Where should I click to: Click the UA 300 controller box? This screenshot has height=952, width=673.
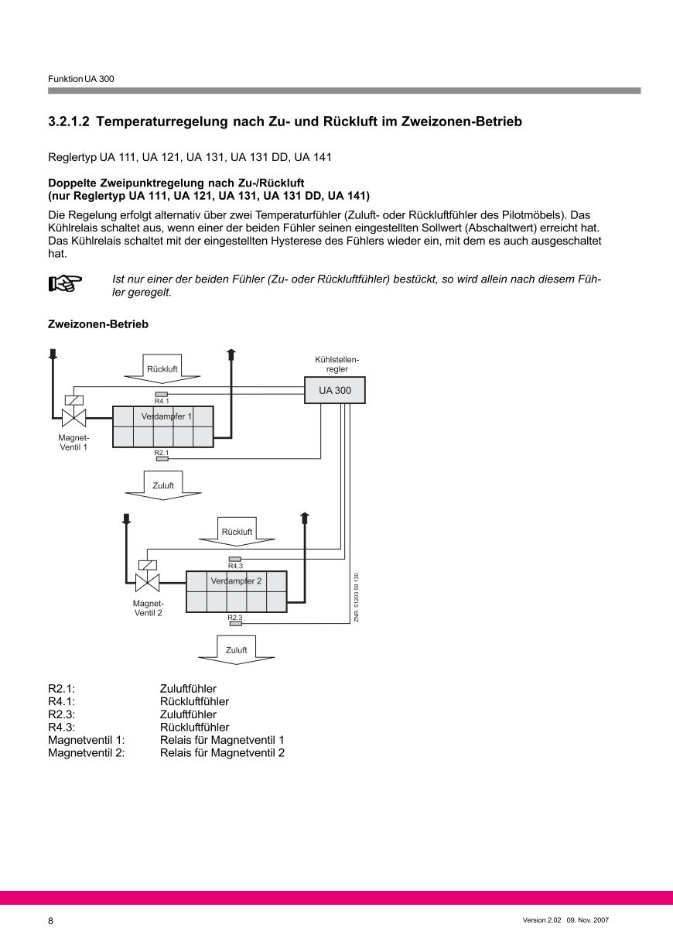tap(335, 391)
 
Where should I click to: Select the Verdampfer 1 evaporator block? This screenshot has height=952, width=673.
tap(162, 426)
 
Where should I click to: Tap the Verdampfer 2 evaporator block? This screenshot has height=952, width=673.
tap(236, 592)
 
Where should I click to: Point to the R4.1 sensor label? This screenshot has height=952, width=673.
tap(162, 401)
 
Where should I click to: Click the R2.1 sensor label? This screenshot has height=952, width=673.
tap(162, 452)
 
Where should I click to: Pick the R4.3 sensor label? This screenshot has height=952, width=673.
tap(235, 566)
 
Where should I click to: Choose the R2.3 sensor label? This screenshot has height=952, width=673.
tap(235, 617)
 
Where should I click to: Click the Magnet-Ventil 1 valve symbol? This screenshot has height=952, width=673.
tap(73, 419)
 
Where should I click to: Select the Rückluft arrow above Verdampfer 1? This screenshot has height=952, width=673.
tap(162, 368)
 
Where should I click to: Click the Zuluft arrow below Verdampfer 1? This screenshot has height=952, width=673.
tap(163, 485)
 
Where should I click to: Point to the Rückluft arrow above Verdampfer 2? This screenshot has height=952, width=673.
tap(237, 531)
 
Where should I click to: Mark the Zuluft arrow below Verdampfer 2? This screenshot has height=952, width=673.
tap(237, 649)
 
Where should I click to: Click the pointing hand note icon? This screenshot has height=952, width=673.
tap(65, 284)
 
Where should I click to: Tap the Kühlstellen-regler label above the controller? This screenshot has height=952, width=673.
tap(336, 364)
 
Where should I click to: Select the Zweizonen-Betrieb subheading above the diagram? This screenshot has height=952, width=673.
tap(98, 324)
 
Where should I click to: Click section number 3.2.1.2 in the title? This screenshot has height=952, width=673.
tap(70, 122)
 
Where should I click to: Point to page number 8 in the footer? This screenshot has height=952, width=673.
tap(51, 921)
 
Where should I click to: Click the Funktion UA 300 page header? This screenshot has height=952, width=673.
tap(81, 79)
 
